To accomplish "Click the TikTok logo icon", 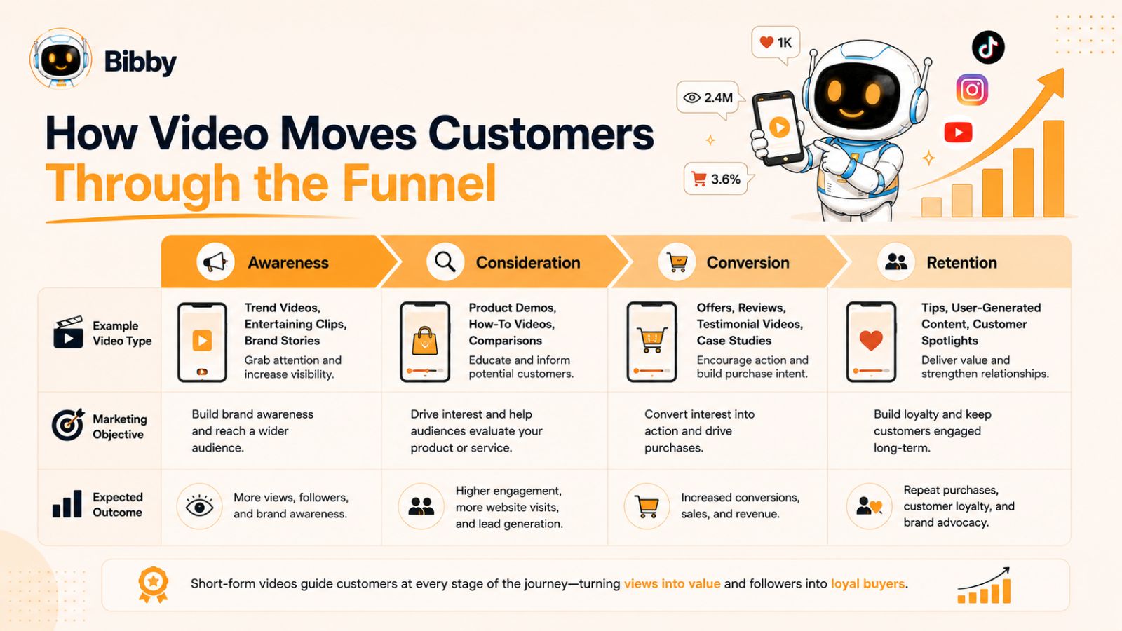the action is [988, 47].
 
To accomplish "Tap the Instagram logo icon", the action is [972, 90].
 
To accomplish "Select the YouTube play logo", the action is [958, 133].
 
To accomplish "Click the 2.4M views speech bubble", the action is [709, 99].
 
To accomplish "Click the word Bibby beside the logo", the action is [140, 62].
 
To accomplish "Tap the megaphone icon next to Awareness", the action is [215, 262].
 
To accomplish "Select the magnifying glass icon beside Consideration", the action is [445, 262].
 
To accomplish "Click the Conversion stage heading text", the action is [748, 262].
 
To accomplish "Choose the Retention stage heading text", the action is [961, 262].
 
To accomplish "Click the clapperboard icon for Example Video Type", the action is [68, 332].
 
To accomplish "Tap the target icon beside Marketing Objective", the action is [68, 425].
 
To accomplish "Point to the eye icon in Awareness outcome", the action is [199, 506].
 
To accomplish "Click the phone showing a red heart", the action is [871, 342].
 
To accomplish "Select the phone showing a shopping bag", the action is [425, 342].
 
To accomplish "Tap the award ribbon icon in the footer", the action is [154, 585].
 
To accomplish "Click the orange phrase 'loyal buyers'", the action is [867, 583].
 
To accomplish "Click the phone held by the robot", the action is [776, 129].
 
